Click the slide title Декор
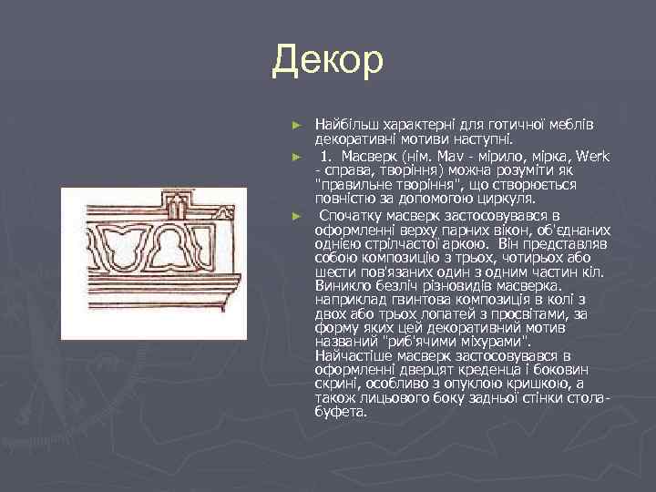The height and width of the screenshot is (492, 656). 328,62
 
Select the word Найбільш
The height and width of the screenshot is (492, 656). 342,122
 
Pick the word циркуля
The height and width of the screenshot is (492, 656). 510,197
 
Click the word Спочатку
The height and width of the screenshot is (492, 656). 352,215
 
